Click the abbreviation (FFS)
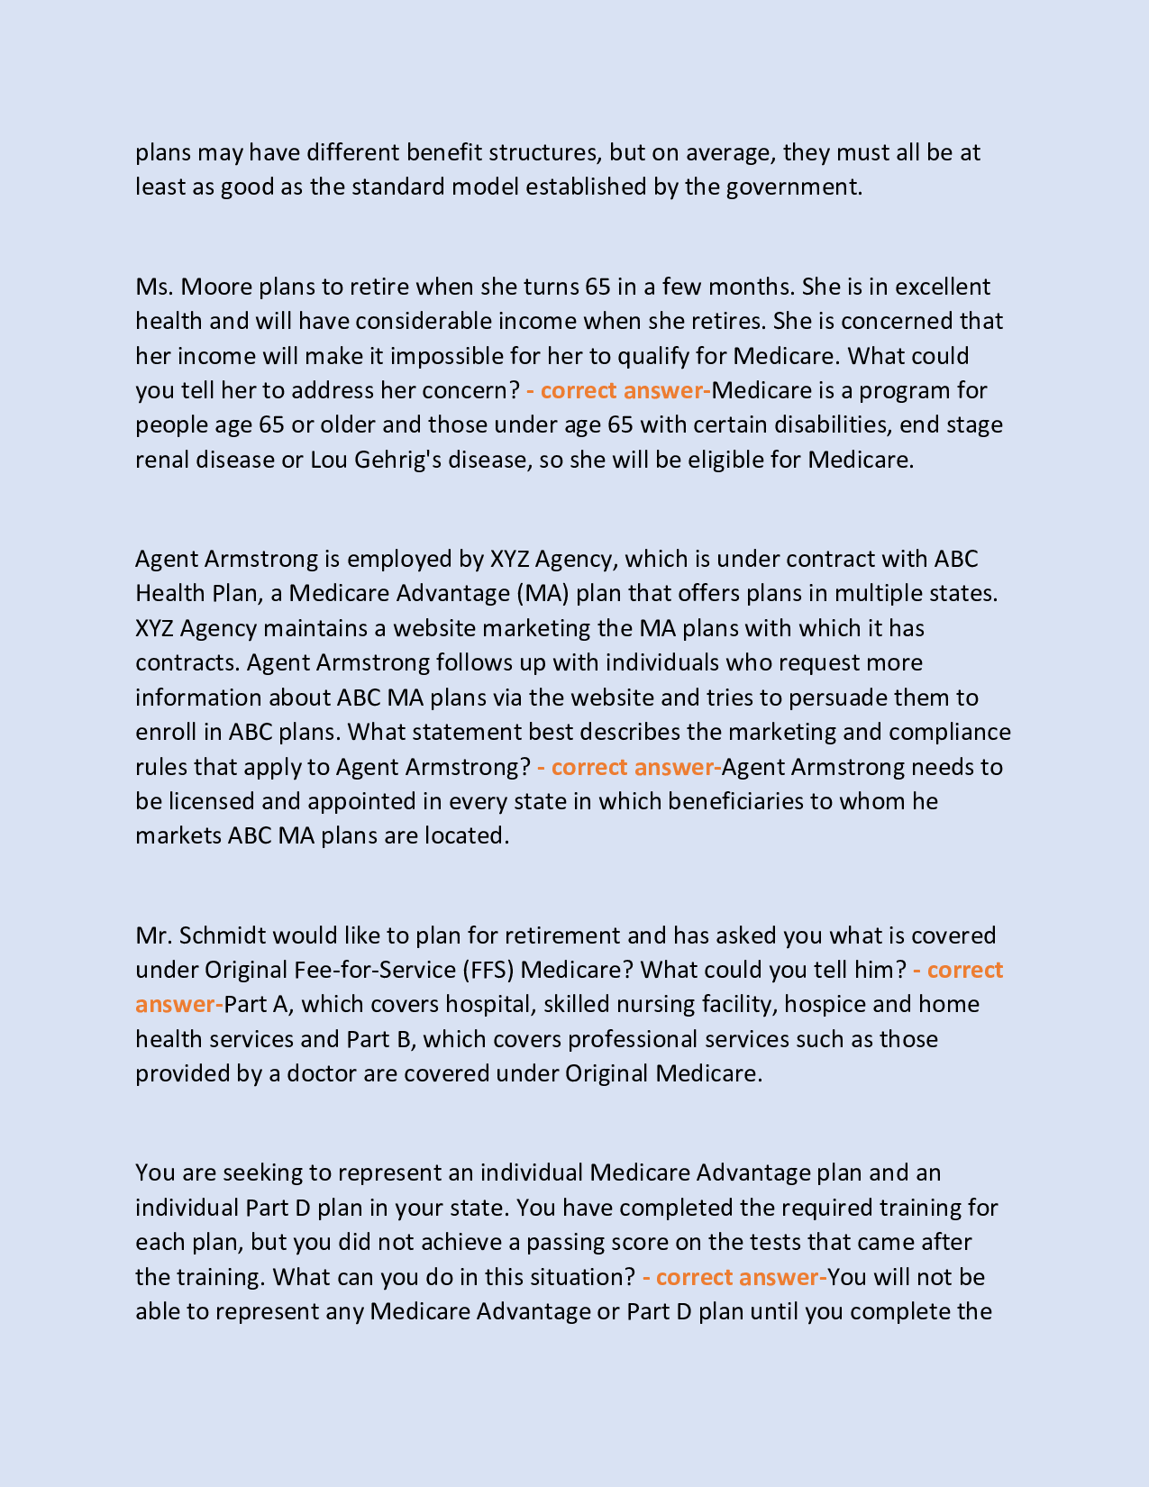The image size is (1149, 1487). tap(489, 970)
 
